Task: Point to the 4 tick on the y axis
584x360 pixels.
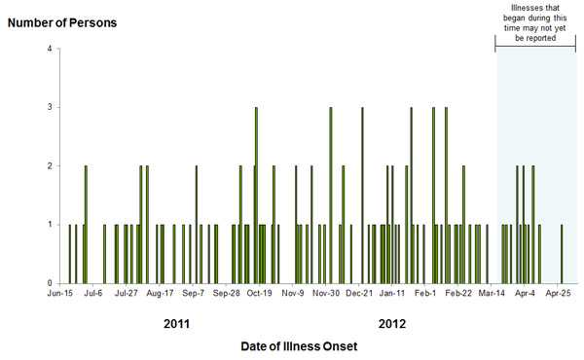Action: [x=51, y=50]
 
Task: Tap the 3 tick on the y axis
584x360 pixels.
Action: [x=51, y=108]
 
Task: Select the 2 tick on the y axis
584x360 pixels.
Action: [x=51, y=166]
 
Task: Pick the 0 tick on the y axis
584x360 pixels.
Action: [x=51, y=283]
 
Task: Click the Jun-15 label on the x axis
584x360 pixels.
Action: [x=60, y=292]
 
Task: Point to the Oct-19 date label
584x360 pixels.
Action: [x=259, y=292]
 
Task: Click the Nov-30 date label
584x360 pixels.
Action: [x=326, y=292]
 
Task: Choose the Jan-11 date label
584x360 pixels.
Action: [x=392, y=292]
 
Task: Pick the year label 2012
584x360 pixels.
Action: [x=392, y=323]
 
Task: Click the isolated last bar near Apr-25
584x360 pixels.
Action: [x=562, y=253]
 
